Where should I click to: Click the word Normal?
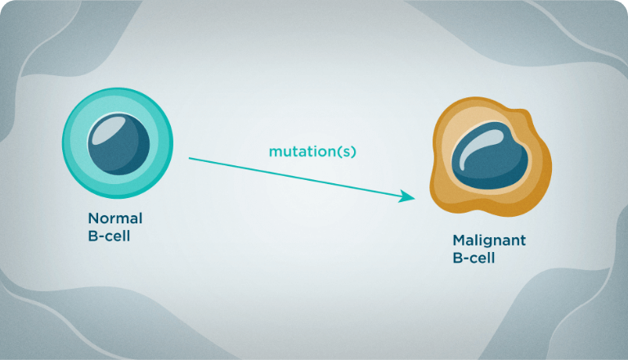[x=115, y=218]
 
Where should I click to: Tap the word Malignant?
[x=489, y=241]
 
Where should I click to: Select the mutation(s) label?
[x=312, y=151]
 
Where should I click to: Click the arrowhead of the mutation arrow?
[x=407, y=196]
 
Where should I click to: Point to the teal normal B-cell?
[x=118, y=143]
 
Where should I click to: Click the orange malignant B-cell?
[x=491, y=157]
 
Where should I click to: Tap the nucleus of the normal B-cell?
[x=119, y=144]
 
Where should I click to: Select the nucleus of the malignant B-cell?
[x=490, y=155]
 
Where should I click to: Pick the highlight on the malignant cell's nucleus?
[x=478, y=145]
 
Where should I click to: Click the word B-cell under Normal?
[x=109, y=236]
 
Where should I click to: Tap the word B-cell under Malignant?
[x=473, y=258]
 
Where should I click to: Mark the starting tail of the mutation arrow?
[x=189, y=159]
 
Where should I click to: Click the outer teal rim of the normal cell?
[x=66, y=143]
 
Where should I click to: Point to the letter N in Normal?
[x=93, y=218]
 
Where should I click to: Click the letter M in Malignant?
[x=460, y=240]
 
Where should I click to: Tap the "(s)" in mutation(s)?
[x=347, y=151]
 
